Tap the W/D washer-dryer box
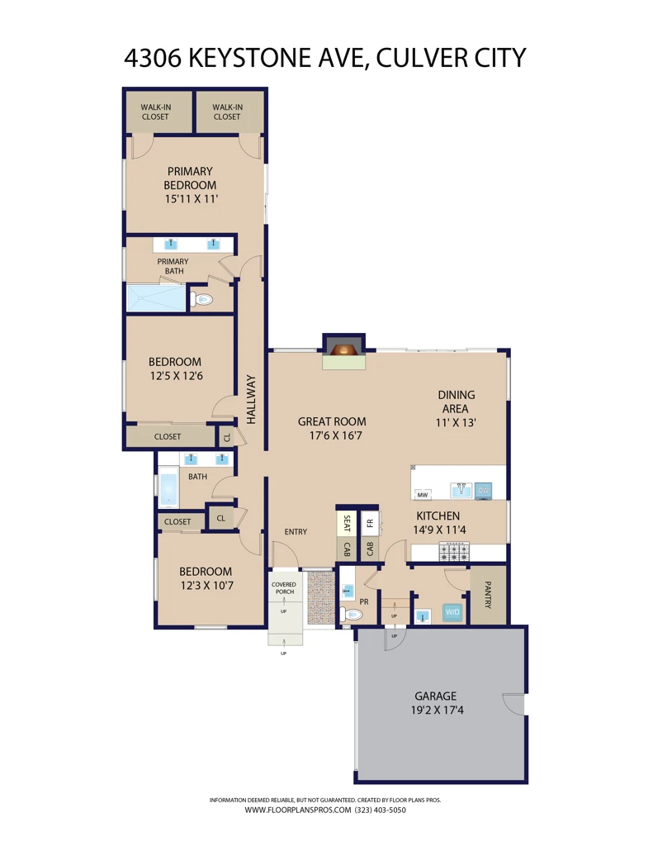click(x=452, y=612)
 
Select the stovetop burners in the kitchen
click(x=454, y=552)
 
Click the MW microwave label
click(x=422, y=494)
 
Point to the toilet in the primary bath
click(x=201, y=299)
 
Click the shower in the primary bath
click(x=156, y=297)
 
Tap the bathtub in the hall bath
click(x=168, y=487)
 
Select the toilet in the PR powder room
click(x=351, y=615)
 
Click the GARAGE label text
click(x=436, y=696)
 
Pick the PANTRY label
click(x=488, y=595)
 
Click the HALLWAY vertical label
click(x=251, y=400)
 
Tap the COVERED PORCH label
click(x=284, y=588)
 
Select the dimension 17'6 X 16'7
click(x=335, y=435)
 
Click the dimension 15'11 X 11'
click(x=192, y=198)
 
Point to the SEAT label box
click(x=346, y=524)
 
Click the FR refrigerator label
click(x=370, y=523)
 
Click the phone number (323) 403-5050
click(x=380, y=810)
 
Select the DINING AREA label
click(x=457, y=402)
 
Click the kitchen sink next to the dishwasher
click(x=461, y=490)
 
